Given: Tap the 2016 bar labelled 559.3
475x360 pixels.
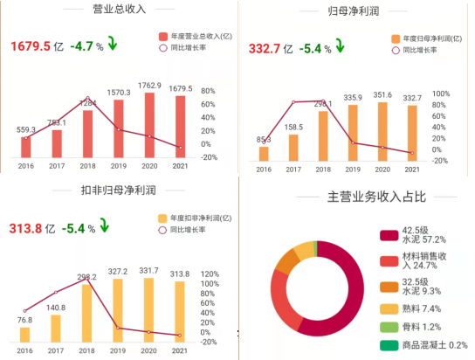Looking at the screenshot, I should (x=26, y=147).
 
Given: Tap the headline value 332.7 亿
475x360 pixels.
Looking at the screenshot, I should (x=275, y=48).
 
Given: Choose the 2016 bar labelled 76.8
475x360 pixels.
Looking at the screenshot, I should (x=25, y=335).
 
